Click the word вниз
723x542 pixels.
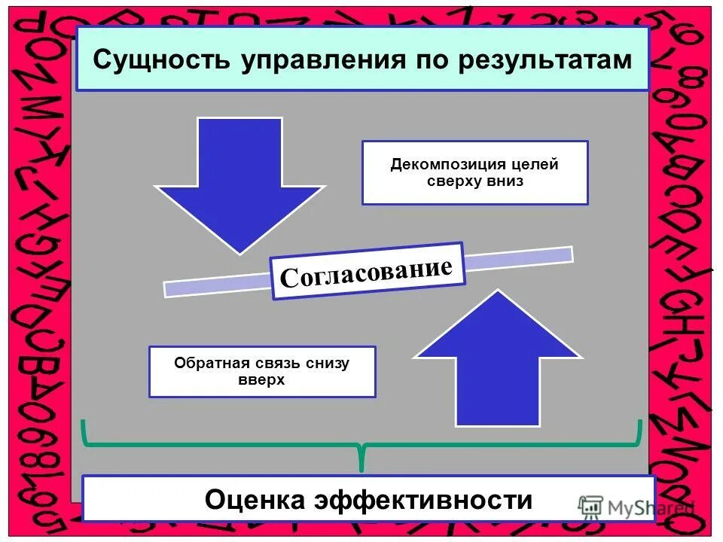pyautogui.click(x=505, y=181)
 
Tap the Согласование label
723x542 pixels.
pyautogui.click(x=367, y=271)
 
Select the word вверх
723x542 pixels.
pyautogui.click(x=261, y=380)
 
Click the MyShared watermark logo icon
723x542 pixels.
pyautogui.click(x=590, y=507)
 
